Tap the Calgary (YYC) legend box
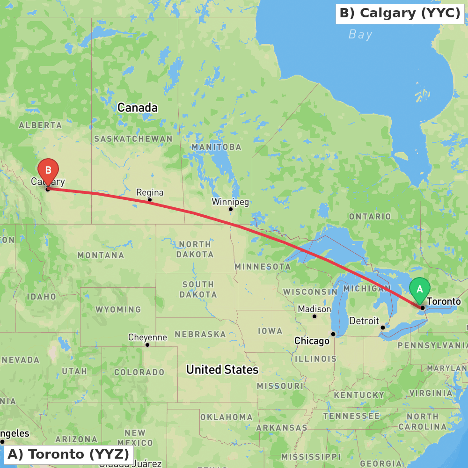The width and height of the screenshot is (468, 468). tap(400, 13)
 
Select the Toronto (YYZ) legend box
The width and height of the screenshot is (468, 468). tap(68, 454)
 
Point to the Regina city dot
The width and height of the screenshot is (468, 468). tap(150, 200)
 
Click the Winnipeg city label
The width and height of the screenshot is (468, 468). tap(230, 202)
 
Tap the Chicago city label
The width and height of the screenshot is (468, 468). tap(312, 341)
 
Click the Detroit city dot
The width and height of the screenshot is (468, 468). tap(382, 327)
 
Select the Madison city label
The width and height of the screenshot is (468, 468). tap(314, 309)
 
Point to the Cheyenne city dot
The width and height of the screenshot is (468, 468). tap(147, 345)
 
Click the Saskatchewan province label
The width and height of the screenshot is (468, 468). tap(133, 139)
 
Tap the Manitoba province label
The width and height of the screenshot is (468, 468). tap(216, 147)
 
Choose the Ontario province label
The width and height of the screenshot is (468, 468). tap(370, 217)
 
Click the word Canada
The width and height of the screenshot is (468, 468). tap(138, 108)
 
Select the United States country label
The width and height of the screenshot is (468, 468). tap(222, 370)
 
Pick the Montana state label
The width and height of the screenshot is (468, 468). tap(101, 256)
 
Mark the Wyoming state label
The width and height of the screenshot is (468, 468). tap(118, 310)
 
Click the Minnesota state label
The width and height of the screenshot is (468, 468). tap(263, 266)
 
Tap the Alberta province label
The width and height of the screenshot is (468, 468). tap(40, 125)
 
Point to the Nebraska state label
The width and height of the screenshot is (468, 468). tap(200, 335)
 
